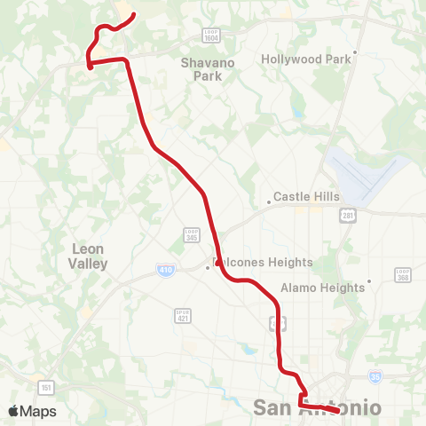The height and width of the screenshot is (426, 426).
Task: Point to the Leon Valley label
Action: [88, 256]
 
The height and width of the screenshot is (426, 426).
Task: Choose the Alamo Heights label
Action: [322, 288]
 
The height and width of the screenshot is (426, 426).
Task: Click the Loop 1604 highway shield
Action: [211, 35]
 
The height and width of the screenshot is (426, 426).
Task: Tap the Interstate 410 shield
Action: [166, 269]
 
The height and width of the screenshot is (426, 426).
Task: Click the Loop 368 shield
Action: [403, 276]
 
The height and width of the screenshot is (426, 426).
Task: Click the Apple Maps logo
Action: [32, 411]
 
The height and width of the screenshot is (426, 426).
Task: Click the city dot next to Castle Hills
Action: [269, 201]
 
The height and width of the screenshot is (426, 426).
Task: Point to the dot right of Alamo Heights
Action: [368, 282]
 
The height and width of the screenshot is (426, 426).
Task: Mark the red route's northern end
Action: [133, 14]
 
